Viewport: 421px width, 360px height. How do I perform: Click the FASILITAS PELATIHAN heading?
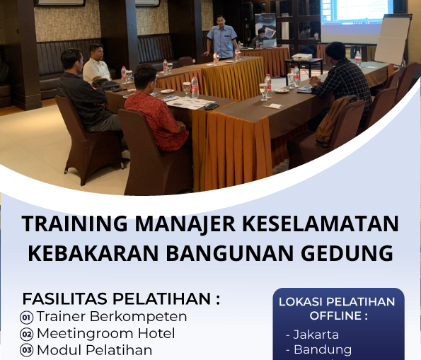click(121, 298)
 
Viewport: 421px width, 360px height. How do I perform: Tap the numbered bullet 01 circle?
click(27, 317)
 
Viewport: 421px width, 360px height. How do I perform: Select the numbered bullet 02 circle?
click(27, 334)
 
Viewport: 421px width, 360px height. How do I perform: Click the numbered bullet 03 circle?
click(27, 350)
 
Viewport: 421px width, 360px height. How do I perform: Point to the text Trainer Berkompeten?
click(112, 316)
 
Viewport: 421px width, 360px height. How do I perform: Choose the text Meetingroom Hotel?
click(105, 333)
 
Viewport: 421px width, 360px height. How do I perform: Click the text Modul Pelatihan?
click(94, 350)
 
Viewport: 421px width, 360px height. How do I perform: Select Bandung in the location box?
click(322, 349)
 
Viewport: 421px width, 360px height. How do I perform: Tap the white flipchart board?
click(392, 40)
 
